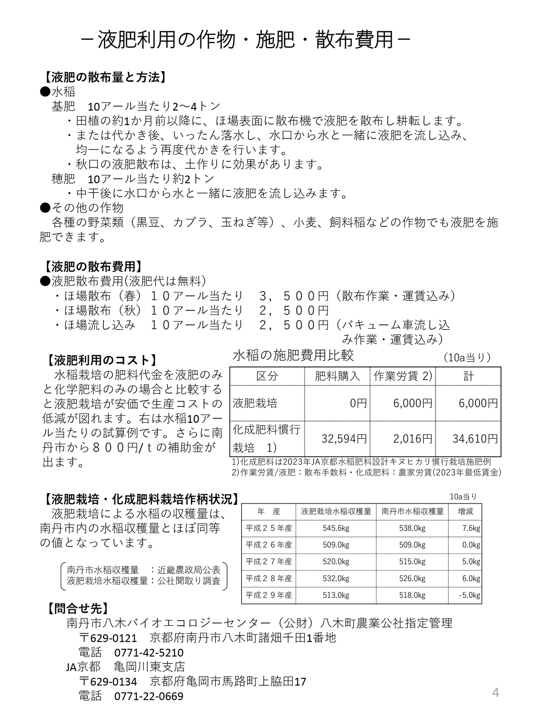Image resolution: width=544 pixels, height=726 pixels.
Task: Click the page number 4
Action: coord(495,693)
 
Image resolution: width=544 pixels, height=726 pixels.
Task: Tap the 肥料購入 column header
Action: coord(337,376)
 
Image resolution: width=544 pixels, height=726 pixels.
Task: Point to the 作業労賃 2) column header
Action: coord(403,376)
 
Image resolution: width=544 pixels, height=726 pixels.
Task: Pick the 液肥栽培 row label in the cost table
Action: coord(255,403)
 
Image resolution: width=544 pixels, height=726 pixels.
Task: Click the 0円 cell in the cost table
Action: coord(358,403)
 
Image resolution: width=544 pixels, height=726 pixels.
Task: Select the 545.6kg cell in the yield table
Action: coord(336,528)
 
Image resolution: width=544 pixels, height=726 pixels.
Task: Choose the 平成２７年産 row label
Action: coord(269,562)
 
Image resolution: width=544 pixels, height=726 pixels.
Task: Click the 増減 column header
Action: coord(465,511)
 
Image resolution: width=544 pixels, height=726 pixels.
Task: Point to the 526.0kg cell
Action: coord(412,579)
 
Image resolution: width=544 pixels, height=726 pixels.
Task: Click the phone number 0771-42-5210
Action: coord(149,652)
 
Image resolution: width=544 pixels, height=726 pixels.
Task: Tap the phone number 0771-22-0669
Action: coord(149,696)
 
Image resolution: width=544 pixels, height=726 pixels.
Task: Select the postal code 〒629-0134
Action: coord(108,682)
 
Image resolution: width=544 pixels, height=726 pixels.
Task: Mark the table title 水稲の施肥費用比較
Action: coord(293,355)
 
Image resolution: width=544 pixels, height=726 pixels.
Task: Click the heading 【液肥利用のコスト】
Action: coord(102,360)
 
